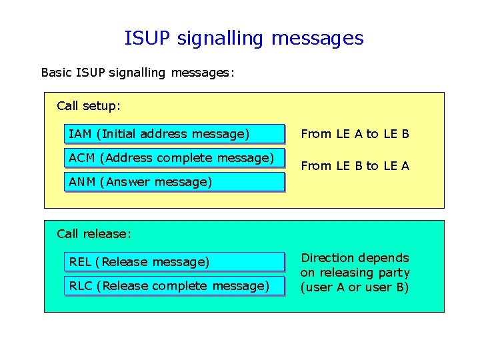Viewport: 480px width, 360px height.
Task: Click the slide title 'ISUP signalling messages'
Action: [x=244, y=38]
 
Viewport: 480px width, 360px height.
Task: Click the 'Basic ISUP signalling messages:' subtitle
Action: [x=137, y=72]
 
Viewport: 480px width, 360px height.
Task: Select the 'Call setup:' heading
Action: [x=89, y=105]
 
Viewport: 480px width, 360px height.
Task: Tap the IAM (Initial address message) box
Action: [x=175, y=134]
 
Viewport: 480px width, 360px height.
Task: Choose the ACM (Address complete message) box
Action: [x=175, y=158]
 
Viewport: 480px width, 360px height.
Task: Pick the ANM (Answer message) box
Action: [x=175, y=182]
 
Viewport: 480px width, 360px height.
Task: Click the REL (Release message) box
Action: [x=175, y=262]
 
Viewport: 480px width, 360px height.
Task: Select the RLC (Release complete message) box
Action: [x=175, y=286]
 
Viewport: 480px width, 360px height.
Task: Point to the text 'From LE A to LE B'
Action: [x=355, y=134]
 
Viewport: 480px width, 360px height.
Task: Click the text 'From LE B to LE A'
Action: [x=355, y=166]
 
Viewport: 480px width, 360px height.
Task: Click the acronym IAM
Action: [x=80, y=134]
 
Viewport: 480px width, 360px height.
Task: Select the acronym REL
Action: [x=80, y=262]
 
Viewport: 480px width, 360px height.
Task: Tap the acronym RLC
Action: [x=81, y=286]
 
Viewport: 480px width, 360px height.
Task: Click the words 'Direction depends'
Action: [x=355, y=258]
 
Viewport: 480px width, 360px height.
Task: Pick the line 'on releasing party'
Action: [x=355, y=273]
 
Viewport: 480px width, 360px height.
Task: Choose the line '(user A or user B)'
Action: [x=355, y=287]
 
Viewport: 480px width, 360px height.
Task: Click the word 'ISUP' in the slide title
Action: [x=148, y=38]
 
